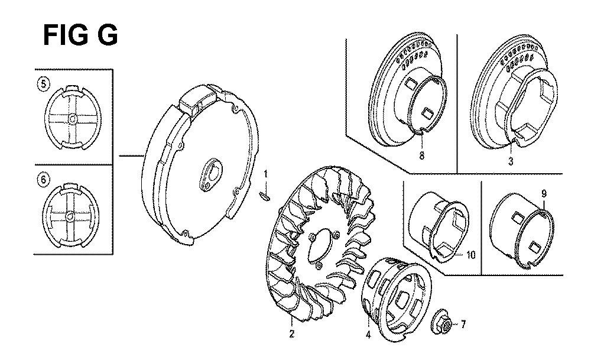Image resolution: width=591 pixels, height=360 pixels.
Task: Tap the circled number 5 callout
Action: [x=44, y=84]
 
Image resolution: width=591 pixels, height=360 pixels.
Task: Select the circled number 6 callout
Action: [x=43, y=180]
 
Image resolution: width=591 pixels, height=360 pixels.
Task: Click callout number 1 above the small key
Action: [x=265, y=174]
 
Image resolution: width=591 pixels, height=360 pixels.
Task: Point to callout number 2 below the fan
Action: [x=292, y=334]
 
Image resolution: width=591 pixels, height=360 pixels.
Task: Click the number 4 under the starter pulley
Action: [x=368, y=334]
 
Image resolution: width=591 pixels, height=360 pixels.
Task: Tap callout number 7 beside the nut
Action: [x=463, y=324]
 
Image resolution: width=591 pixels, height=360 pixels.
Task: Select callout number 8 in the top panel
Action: [x=421, y=155]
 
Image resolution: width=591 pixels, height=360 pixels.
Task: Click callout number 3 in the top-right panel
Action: [x=511, y=162]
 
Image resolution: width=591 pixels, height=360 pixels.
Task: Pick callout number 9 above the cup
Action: [x=544, y=194]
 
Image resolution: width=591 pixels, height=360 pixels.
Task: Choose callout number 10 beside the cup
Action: [x=471, y=255]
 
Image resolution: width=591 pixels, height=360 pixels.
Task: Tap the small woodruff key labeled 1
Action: [x=265, y=195]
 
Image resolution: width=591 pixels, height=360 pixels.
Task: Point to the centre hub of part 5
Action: [x=72, y=119]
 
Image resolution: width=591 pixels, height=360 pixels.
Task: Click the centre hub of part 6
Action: [x=70, y=217]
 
